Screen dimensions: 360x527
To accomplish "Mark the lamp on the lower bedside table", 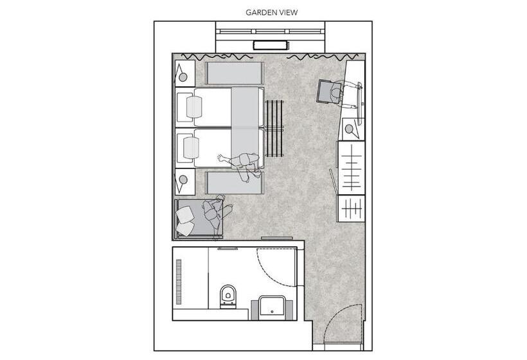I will tap(183, 180).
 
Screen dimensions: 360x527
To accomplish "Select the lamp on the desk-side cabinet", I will tap(351, 129).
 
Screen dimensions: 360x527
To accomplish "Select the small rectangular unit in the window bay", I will tap(271, 45).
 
